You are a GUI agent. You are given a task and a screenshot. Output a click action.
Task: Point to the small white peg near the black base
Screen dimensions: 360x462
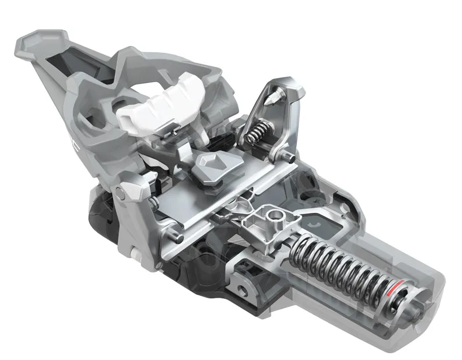(x=133, y=254)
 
